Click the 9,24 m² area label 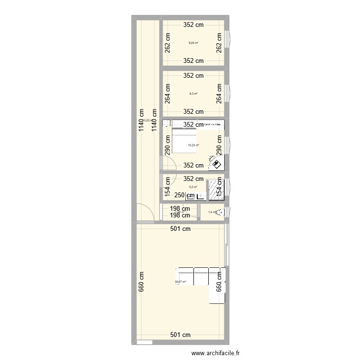pyautogui.click(x=193, y=43)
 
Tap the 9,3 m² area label pyautogui.click(x=193, y=94)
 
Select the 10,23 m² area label pyautogui.click(x=193, y=145)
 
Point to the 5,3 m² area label pyautogui.click(x=193, y=188)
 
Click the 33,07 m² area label pyautogui.click(x=180, y=282)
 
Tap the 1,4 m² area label pyautogui.click(x=212, y=212)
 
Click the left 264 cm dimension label pyautogui.click(x=168, y=94)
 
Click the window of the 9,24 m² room pyautogui.click(x=228, y=42)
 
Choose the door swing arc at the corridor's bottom pyautogui.click(x=145, y=213)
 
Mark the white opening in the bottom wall pyautogui.click(x=144, y=343)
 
